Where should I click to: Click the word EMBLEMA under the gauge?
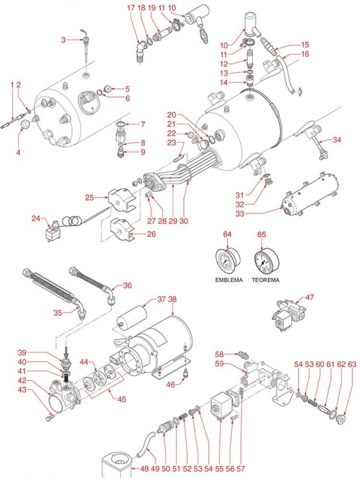coord(229,280)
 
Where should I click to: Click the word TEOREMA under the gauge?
coord(265,280)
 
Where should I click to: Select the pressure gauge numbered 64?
coord(228,261)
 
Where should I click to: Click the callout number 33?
coord(240,214)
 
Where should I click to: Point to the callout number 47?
coord(310,297)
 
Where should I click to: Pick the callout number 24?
coord(36,218)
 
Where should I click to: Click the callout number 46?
coord(170,385)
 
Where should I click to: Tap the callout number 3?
coord(63,40)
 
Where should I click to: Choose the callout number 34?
coord(337,140)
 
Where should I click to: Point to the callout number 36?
coord(127,285)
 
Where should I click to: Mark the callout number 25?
coord(89,198)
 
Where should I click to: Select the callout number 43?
coord(22,390)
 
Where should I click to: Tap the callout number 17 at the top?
coord(131,8)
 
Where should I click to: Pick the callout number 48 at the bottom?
coord(145,469)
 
